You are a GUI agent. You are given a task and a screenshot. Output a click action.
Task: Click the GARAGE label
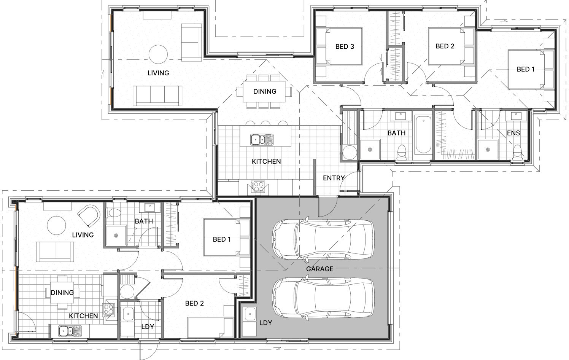(x=319, y=269)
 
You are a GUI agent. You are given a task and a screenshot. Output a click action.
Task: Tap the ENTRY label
(x=334, y=178)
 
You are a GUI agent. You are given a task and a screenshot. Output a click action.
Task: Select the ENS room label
(x=513, y=133)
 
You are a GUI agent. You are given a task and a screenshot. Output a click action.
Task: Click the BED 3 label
(x=345, y=46)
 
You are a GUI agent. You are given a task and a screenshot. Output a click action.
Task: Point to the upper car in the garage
(x=323, y=239)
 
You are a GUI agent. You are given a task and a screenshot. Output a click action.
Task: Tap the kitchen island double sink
(x=262, y=140)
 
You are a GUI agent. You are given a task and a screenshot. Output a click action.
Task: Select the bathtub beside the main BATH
(x=423, y=135)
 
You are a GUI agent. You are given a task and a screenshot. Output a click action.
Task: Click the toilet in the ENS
(x=517, y=152)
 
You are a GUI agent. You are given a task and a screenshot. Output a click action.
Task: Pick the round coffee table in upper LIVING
(x=158, y=54)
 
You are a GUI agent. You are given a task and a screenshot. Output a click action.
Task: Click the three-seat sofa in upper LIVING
(x=157, y=96)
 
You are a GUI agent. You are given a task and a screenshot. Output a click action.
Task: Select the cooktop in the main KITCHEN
(x=258, y=187)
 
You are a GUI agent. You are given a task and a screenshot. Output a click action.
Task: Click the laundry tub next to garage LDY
(x=250, y=314)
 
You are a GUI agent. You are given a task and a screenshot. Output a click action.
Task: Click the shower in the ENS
(x=488, y=150)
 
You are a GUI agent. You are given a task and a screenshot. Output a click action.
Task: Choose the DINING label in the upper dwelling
(x=265, y=92)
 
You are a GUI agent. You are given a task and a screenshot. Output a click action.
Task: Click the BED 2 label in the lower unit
(x=194, y=303)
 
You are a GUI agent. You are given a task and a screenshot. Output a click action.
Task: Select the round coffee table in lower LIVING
(x=56, y=225)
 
